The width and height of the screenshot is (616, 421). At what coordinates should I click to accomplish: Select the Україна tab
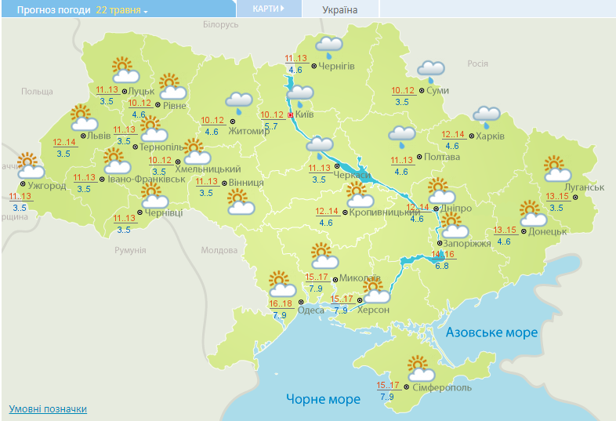tap(340, 9)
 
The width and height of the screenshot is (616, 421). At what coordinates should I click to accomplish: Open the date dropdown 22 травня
tap(121, 10)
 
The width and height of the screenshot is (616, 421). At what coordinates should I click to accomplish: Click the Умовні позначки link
tap(48, 409)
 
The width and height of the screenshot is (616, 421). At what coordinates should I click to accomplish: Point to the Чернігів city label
tap(337, 67)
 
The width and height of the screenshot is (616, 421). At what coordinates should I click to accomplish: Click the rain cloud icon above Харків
tap(486, 117)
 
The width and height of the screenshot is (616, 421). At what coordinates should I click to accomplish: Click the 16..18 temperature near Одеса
tap(281, 304)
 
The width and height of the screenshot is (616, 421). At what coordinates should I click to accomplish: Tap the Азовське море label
tap(491, 332)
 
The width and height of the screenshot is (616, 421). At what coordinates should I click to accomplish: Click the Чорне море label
tap(323, 399)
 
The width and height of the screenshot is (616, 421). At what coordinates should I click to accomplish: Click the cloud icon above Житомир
tap(238, 101)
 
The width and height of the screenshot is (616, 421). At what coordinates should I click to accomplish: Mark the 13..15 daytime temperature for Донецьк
tap(505, 230)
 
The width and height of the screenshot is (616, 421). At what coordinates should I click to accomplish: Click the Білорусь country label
tap(220, 25)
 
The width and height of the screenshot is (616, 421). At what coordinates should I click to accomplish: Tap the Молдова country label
tap(219, 250)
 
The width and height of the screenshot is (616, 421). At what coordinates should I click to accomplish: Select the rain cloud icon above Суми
tap(430, 71)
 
